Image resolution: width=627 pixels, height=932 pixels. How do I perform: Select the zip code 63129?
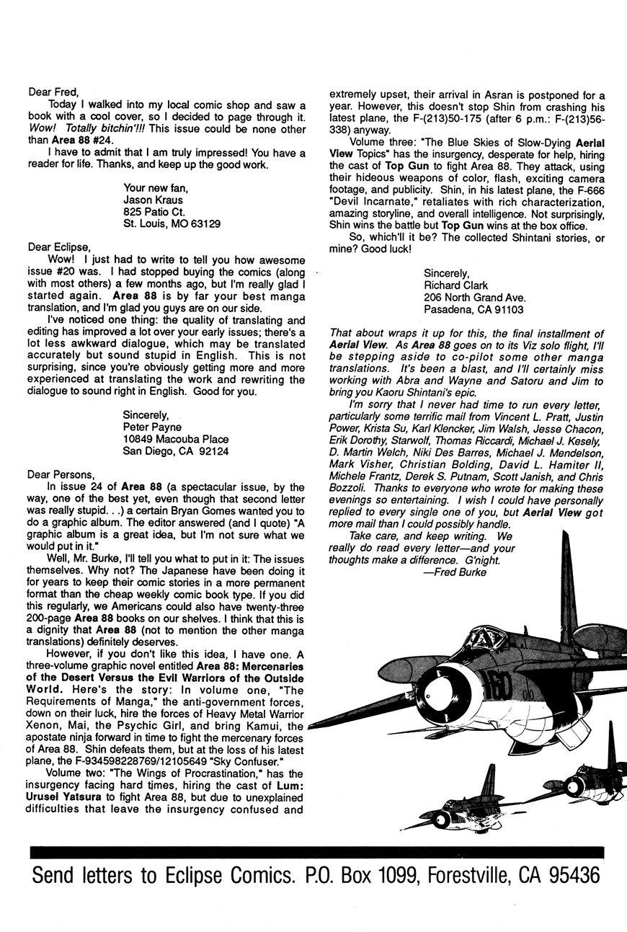click(x=203, y=223)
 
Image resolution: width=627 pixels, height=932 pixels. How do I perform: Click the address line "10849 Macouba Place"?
click(x=176, y=439)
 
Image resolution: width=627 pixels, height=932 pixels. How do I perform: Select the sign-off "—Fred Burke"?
click(x=457, y=572)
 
